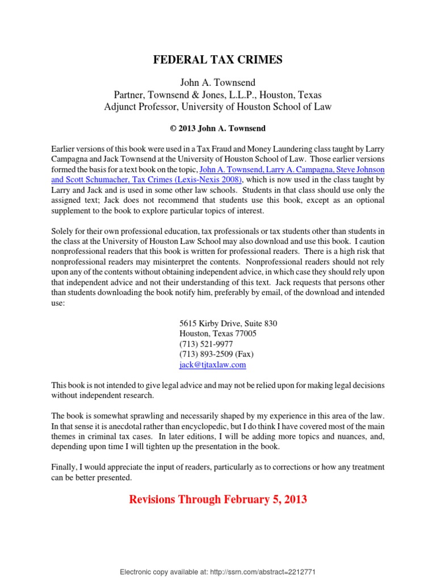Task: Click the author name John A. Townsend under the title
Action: click(218, 84)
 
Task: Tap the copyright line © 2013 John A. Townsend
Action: click(218, 128)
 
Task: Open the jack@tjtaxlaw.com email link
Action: click(212, 364)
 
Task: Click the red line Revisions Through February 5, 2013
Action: click(218, 500)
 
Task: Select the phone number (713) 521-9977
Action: click(206, 344)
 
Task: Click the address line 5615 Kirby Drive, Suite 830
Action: click(228, 323)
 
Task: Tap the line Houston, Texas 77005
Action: click(217, 334)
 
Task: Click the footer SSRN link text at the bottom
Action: click(218, 571)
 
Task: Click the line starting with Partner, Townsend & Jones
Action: click(218, 95)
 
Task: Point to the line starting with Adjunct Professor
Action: click(218, 106)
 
